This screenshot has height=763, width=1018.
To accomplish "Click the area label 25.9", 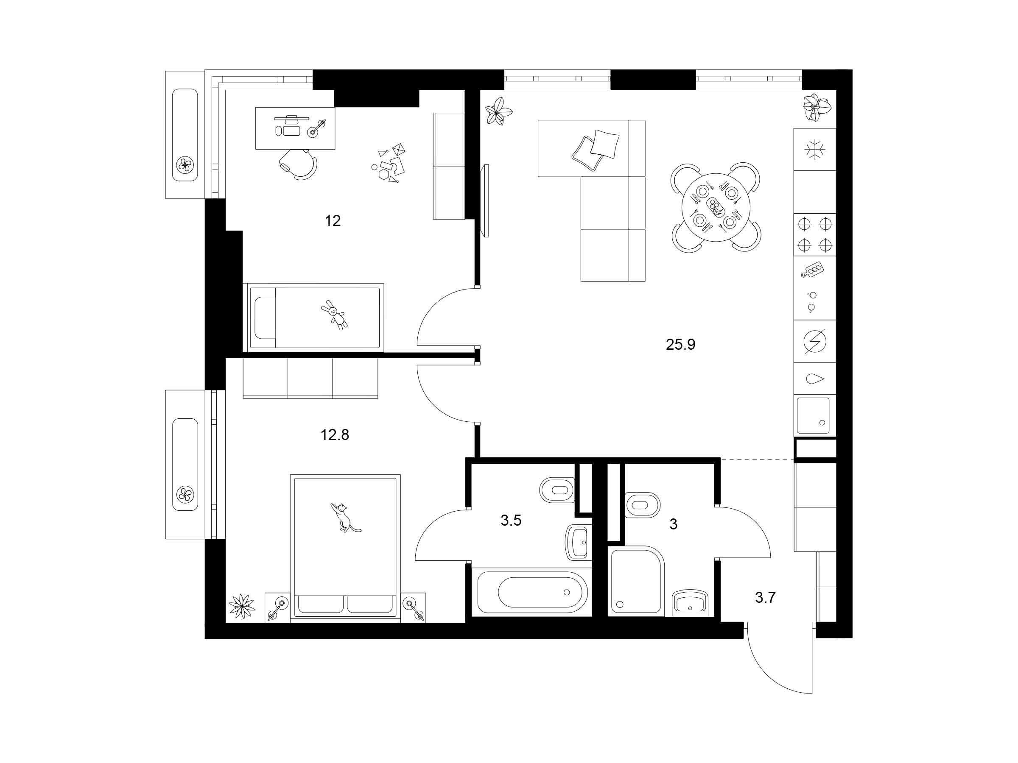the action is [681, 345].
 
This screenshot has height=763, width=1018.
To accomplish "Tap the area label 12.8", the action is [335, 434].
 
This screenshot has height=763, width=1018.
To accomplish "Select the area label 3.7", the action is [765, 597].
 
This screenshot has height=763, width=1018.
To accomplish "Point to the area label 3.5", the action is [511, 521].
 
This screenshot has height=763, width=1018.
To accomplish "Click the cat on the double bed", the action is [344, 518].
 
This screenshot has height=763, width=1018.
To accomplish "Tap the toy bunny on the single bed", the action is [335, 315].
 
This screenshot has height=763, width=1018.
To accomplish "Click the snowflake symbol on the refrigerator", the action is [814, 150].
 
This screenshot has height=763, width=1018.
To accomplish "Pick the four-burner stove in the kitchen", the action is [814, 234].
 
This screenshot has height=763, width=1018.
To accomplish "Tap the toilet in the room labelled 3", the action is [643, 505].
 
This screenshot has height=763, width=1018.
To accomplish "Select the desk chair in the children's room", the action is [298, 163].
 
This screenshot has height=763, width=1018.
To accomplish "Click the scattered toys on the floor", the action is [389, 162].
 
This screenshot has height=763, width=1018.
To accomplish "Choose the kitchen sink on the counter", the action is [813, 416].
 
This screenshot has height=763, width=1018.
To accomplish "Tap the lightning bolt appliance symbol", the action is [814, 341].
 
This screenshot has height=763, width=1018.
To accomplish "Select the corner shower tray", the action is [637, 580].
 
